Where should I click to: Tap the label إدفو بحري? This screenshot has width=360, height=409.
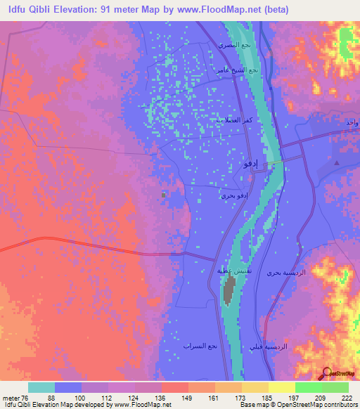coord(233,196)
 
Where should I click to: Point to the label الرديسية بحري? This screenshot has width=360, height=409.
coord(285,271)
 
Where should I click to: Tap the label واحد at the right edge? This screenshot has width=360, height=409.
coord(352,124)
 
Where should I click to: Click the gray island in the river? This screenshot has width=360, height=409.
coord(229,290)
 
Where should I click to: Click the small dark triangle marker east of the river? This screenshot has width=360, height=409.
coord(335,162)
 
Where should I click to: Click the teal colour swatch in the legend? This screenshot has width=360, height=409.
coord(41,387)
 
